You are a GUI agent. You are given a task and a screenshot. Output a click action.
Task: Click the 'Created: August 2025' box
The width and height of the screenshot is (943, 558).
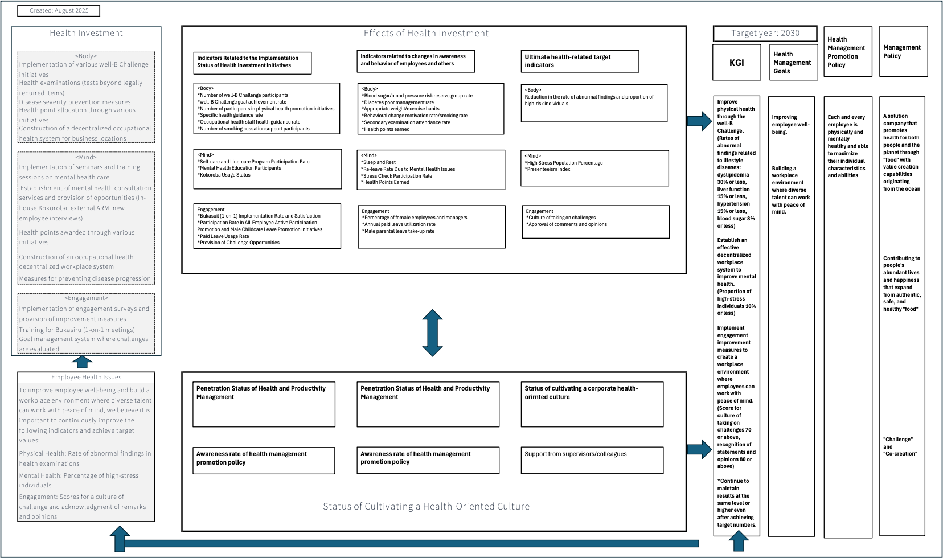(59, 11)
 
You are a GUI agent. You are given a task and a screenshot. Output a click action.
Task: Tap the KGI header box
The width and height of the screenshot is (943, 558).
(736, 63)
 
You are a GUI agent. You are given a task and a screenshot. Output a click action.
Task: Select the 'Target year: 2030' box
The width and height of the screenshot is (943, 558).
(765, 34)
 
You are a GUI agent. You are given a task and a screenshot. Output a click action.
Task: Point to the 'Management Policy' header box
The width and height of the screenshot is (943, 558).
(903, 51)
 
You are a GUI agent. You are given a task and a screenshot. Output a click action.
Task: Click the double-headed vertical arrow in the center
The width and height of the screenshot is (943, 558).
(433, 333)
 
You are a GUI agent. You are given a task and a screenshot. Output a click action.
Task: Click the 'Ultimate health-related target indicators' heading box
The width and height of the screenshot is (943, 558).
(580, 61)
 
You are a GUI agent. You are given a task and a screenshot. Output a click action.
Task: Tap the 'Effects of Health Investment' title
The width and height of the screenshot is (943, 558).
(426, 34)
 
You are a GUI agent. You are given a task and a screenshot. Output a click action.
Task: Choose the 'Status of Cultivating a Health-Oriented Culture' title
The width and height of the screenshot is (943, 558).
(426, 506)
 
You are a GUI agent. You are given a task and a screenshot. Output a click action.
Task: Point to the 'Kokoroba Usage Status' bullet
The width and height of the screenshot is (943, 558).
(224, 175)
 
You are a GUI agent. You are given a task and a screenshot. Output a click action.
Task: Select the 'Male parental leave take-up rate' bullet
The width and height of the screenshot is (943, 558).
(399, 231)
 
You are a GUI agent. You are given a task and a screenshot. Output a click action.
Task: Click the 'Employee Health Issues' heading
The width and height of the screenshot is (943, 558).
(86, 377)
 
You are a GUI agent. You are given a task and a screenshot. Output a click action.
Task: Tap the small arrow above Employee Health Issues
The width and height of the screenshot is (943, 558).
(83, 362)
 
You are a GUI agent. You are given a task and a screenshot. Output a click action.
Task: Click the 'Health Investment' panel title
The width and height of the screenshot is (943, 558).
(86, 33)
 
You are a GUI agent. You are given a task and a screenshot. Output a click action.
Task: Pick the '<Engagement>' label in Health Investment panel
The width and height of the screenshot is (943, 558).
(86, 298)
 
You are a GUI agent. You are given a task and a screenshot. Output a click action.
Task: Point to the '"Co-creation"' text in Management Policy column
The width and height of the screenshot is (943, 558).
(900, 454)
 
